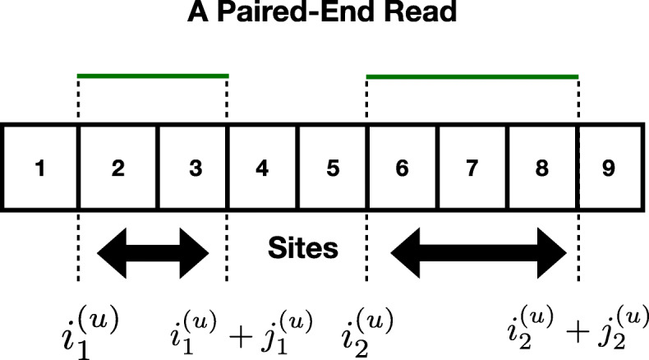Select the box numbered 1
tap(39, 168)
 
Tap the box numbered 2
tap(117, 168)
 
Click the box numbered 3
tap(195, 168)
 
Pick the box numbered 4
tap(262, 168)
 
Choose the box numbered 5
tap(333, 168)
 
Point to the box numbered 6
tap(402, 168)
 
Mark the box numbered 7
tap(472, 168)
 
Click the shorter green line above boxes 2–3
tap(152, 76)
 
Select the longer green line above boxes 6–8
tap(472, 76)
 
